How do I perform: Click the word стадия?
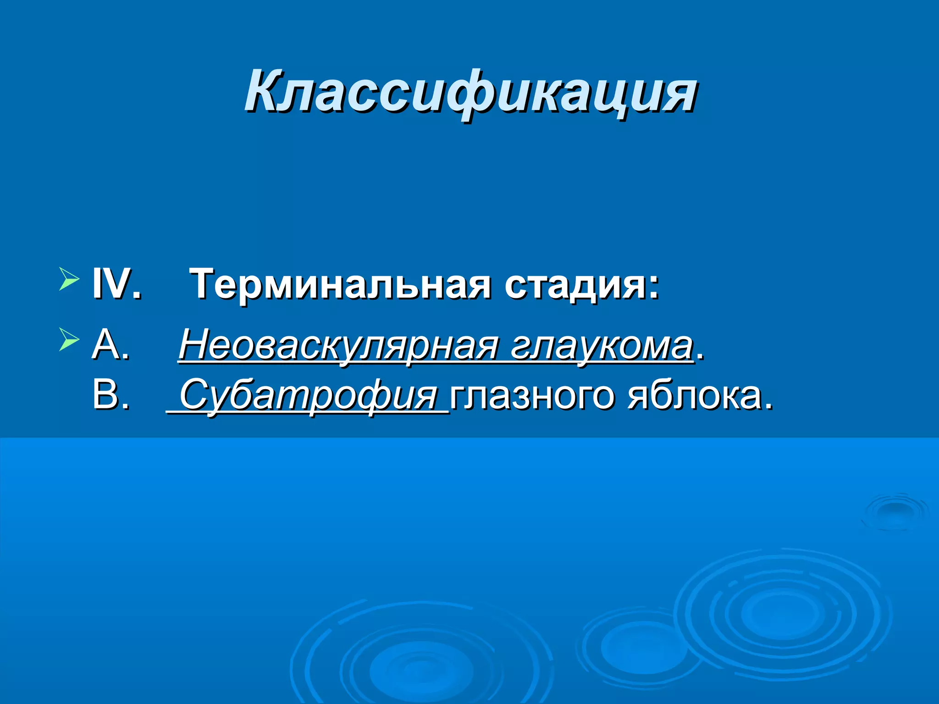574,285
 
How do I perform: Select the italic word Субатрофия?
309,395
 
